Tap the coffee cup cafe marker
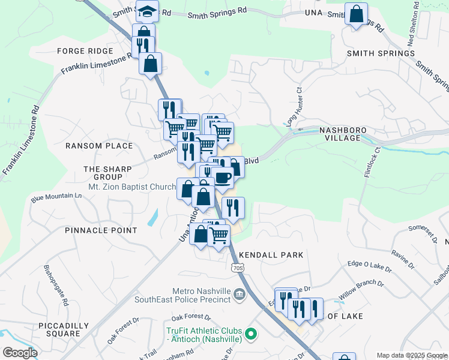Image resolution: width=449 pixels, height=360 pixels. tap(222, 178)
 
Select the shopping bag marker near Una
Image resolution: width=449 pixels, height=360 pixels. tap(357, 13)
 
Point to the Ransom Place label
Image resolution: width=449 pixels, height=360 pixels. tap(99, 146)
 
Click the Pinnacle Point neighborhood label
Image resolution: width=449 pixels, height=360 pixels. tap(101, 230)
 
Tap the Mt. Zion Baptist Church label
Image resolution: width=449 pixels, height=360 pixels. tap(131, 187)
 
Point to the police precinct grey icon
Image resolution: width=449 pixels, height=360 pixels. tap(239, 295)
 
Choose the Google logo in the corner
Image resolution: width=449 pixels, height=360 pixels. tap(20, 353)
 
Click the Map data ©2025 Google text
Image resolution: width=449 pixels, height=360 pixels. tap(412, 355)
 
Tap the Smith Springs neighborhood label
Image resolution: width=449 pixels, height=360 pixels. tap(381, 53)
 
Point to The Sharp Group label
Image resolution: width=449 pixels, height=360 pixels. tap(107, 173)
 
